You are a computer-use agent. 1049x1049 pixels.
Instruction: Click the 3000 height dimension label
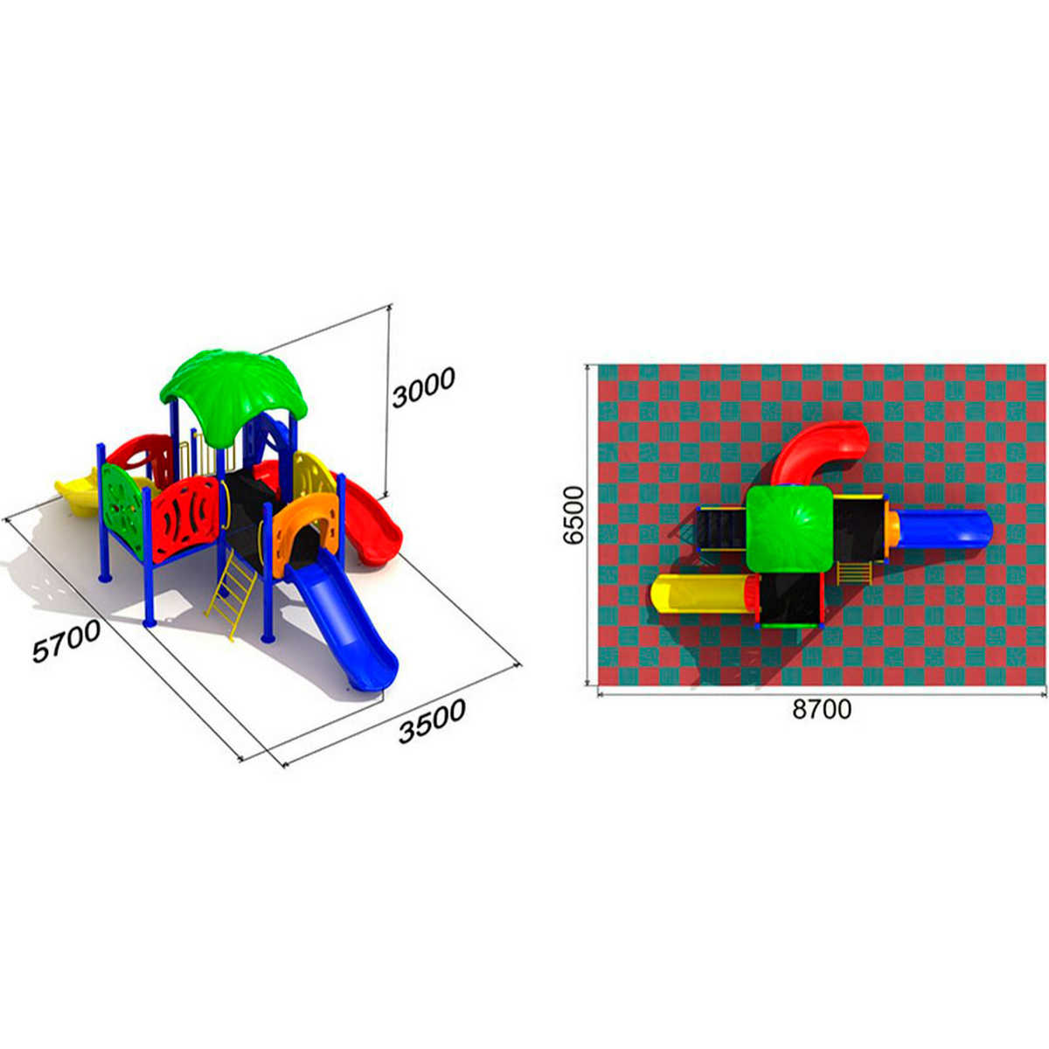tap(423, 387)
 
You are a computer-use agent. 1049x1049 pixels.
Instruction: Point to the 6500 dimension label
tap(573, 515)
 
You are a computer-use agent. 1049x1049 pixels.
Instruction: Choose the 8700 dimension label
tap(822, 709)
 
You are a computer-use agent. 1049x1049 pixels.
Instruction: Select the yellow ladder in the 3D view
tap(231, 594)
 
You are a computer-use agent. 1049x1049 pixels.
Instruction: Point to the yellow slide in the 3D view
tap(81, 494)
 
